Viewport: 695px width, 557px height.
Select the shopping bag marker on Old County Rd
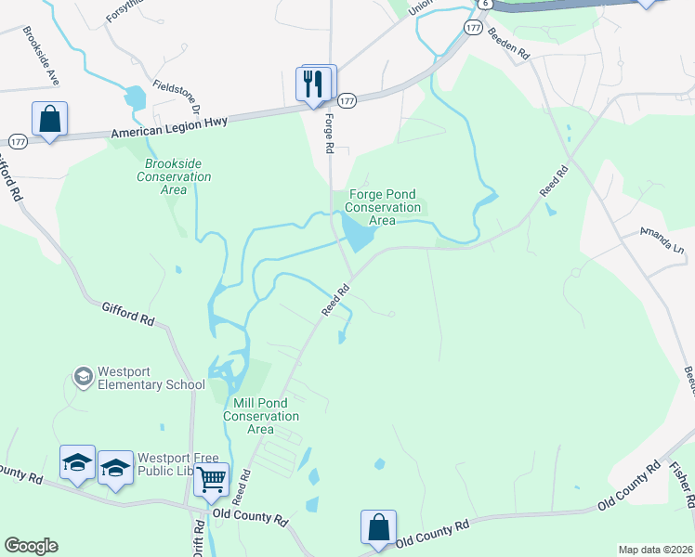pos(379,527)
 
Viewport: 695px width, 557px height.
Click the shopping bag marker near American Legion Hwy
pos(49,119)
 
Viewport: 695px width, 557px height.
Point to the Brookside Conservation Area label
pos(174,176)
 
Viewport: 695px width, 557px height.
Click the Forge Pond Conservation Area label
pos(383,207)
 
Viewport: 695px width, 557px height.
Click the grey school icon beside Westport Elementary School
pos(83,377)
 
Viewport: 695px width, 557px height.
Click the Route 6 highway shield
pos(485,4)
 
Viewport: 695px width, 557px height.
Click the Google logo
pos(31,546)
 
